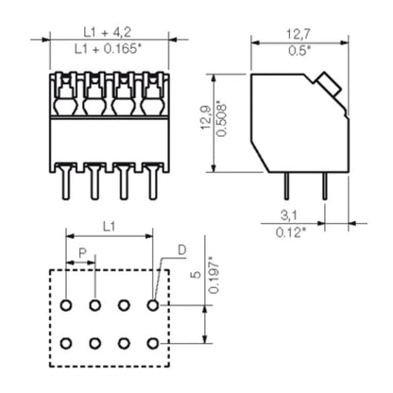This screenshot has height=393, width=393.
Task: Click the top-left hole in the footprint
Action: click(x=66, y=306)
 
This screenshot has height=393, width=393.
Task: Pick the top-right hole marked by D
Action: click(x=153, y=306)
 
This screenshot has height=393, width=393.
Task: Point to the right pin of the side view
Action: click(x=323, y=186)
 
